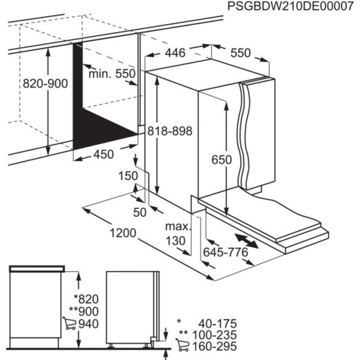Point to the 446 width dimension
click(x=174, y=53)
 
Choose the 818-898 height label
click(x=170, y=131)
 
